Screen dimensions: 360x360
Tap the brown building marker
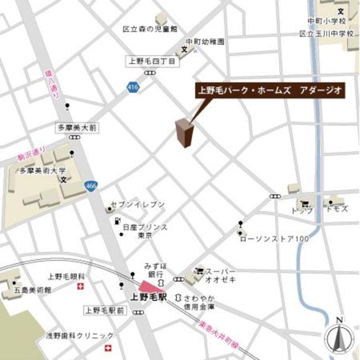(x=184, y=133)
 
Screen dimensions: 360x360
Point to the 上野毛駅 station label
(x=148, y=296)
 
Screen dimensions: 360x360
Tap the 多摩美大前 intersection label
(x=76, y=128)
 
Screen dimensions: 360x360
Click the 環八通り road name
(x=51, y=84)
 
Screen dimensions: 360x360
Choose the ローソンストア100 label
(x=274, y=240)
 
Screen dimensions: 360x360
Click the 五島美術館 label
(x=31, y=290)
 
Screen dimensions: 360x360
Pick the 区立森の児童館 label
(x=150, y=28)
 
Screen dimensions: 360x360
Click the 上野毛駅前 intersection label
(x=104, y=310)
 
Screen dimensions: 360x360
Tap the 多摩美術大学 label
(x=42, y=170)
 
